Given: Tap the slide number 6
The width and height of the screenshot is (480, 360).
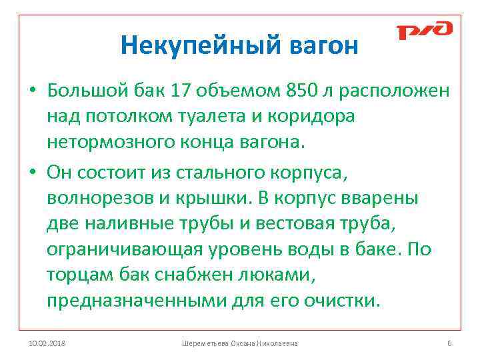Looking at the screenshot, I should (x=449, y=343).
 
